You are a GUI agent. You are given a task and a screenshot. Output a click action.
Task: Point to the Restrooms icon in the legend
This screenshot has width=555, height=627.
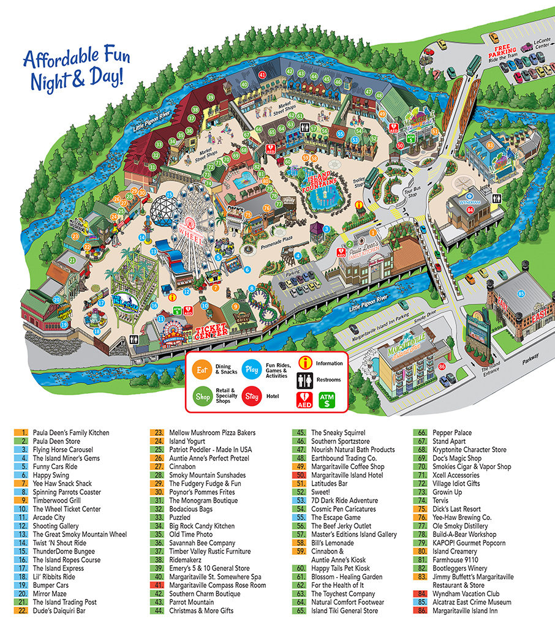306,380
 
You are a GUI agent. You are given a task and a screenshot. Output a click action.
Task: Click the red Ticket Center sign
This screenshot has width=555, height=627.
211,331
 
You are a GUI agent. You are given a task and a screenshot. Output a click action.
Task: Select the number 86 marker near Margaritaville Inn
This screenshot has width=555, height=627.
442,367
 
